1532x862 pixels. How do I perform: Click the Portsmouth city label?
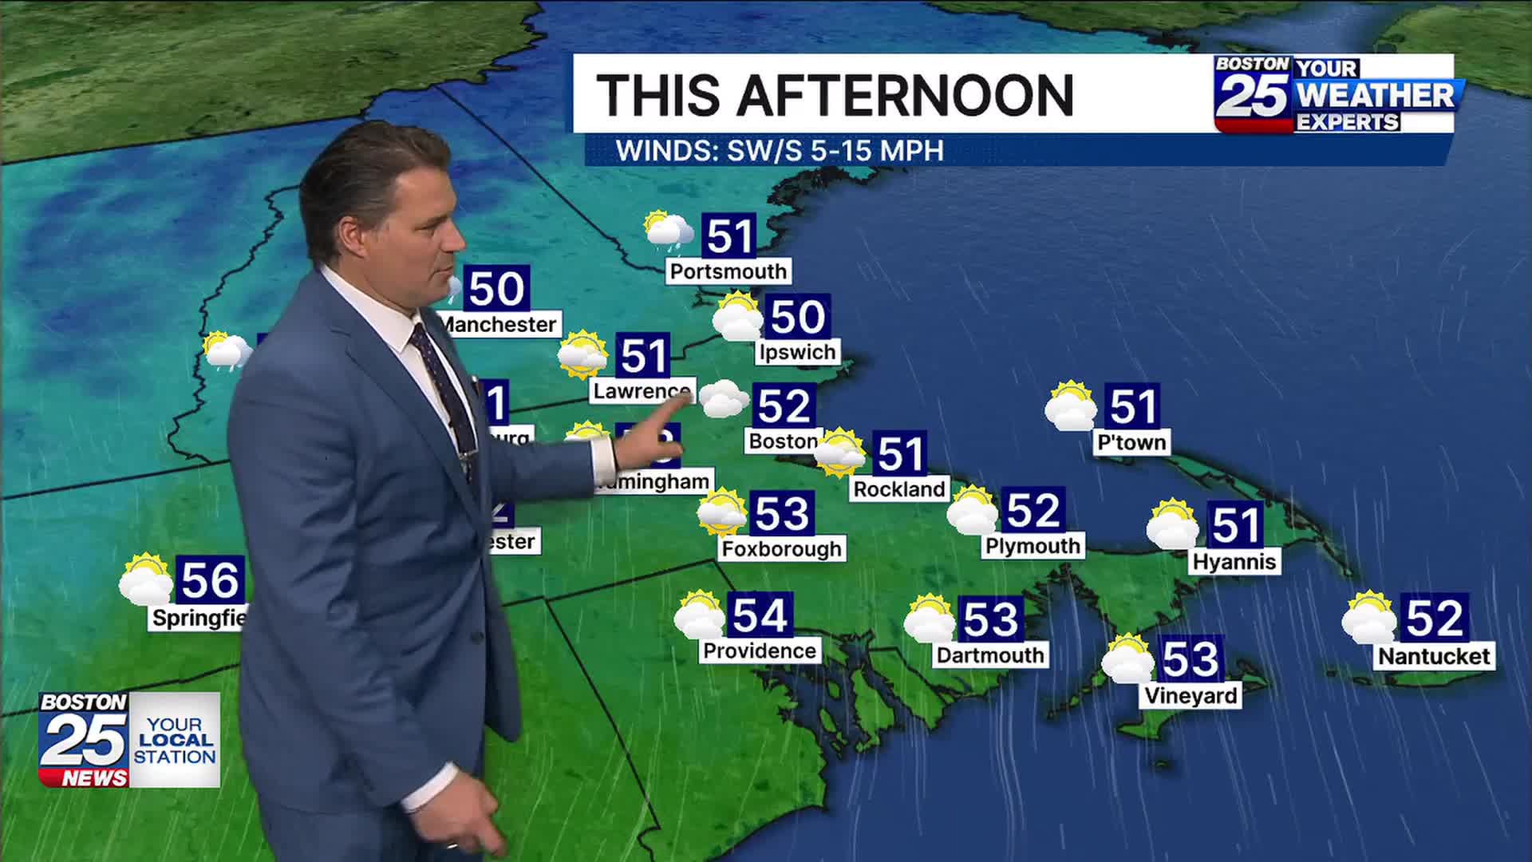coord(728,271)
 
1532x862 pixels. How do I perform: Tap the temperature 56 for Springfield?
coord(210,579)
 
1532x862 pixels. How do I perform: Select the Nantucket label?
coord(1434,656)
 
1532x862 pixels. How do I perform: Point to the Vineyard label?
coord(1190,695)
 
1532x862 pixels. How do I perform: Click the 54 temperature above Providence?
coord(760,615)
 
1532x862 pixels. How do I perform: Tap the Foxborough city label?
coord(781,548)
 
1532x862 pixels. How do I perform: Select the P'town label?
coord(1131,441)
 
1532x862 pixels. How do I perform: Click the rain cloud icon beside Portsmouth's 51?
coord(669,231)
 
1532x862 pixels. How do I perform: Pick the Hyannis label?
coord(1234,561)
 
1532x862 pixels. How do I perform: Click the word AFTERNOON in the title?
coord(905,96)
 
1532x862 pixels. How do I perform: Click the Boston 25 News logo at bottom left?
coord(129,740)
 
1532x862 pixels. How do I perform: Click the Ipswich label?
coord(797,352)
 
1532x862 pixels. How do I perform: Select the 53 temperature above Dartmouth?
coord(991,619)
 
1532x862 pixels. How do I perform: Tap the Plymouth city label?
coord(1033,546)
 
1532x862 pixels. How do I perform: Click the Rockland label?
coord(899,488)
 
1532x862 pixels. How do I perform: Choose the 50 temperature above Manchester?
coord(496,288)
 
